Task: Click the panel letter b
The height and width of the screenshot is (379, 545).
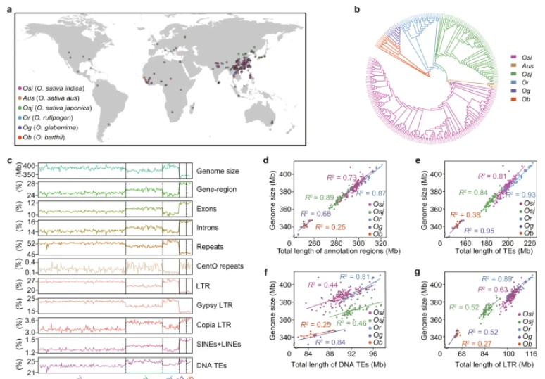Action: coord(357,9)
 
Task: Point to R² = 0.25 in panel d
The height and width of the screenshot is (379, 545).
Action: coord(330,227)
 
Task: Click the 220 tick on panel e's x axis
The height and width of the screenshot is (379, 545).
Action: coord(529,243)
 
